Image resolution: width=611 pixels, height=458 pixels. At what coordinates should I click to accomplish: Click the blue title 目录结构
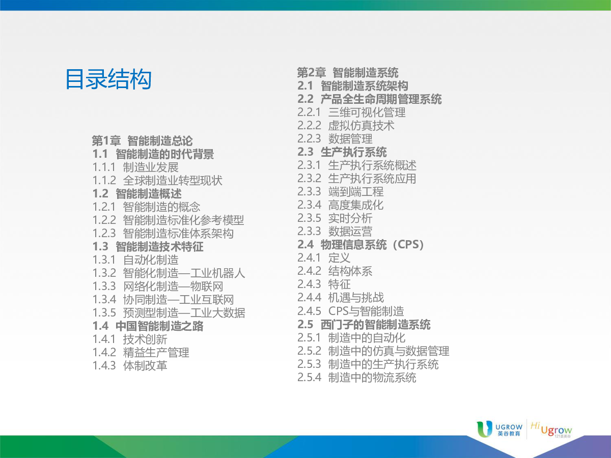[x=108, y=79]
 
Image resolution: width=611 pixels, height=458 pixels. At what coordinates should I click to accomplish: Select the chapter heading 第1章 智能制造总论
[x=142, y=141]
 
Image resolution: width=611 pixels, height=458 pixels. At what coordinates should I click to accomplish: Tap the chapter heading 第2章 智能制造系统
[x=348, y=73]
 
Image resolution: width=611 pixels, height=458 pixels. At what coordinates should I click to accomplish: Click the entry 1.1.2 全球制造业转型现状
[x=157, y=181]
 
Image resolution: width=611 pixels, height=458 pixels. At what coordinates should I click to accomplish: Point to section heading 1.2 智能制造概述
[x=137, y=193]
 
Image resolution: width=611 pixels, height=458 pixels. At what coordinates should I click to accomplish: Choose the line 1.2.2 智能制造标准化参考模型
[x=168, y=220]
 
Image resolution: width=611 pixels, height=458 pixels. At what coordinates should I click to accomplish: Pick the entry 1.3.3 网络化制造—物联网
[x=158, y=286]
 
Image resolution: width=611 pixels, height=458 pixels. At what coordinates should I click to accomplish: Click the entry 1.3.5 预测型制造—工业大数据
[x=169, y=312]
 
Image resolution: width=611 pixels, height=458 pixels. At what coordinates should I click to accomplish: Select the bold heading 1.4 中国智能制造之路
[x=148, y=326]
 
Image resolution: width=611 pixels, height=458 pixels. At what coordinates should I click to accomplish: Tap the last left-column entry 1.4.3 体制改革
[x=130, y=365]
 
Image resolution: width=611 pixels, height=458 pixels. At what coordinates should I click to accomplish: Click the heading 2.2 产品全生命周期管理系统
[x=369, y=99]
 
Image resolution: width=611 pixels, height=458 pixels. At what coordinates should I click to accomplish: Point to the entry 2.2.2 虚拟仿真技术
[x=346, y=125]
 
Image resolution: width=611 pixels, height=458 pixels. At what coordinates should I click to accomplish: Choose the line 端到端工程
[x=356, y=192]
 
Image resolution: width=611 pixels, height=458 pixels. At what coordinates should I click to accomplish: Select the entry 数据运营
[x=350, y=231]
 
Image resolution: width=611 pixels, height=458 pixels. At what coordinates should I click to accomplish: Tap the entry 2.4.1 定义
[x=324, y=257]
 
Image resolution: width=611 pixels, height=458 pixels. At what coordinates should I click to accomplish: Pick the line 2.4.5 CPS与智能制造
[x=351, y=310]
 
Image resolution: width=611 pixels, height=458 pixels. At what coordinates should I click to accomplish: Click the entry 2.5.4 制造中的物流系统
[x=357, y=378]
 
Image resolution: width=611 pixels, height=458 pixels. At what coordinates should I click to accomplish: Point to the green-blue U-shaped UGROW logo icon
[x=484, y=429]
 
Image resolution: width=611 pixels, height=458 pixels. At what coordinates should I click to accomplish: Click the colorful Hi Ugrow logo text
[x=551, y=430]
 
